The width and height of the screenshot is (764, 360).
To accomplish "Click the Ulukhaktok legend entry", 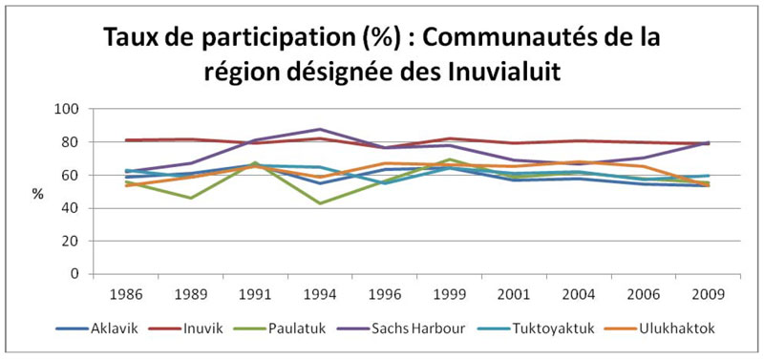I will click(x=678, y=328).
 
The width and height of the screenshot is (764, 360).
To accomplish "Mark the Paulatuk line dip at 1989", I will click(x=191, y=198).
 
